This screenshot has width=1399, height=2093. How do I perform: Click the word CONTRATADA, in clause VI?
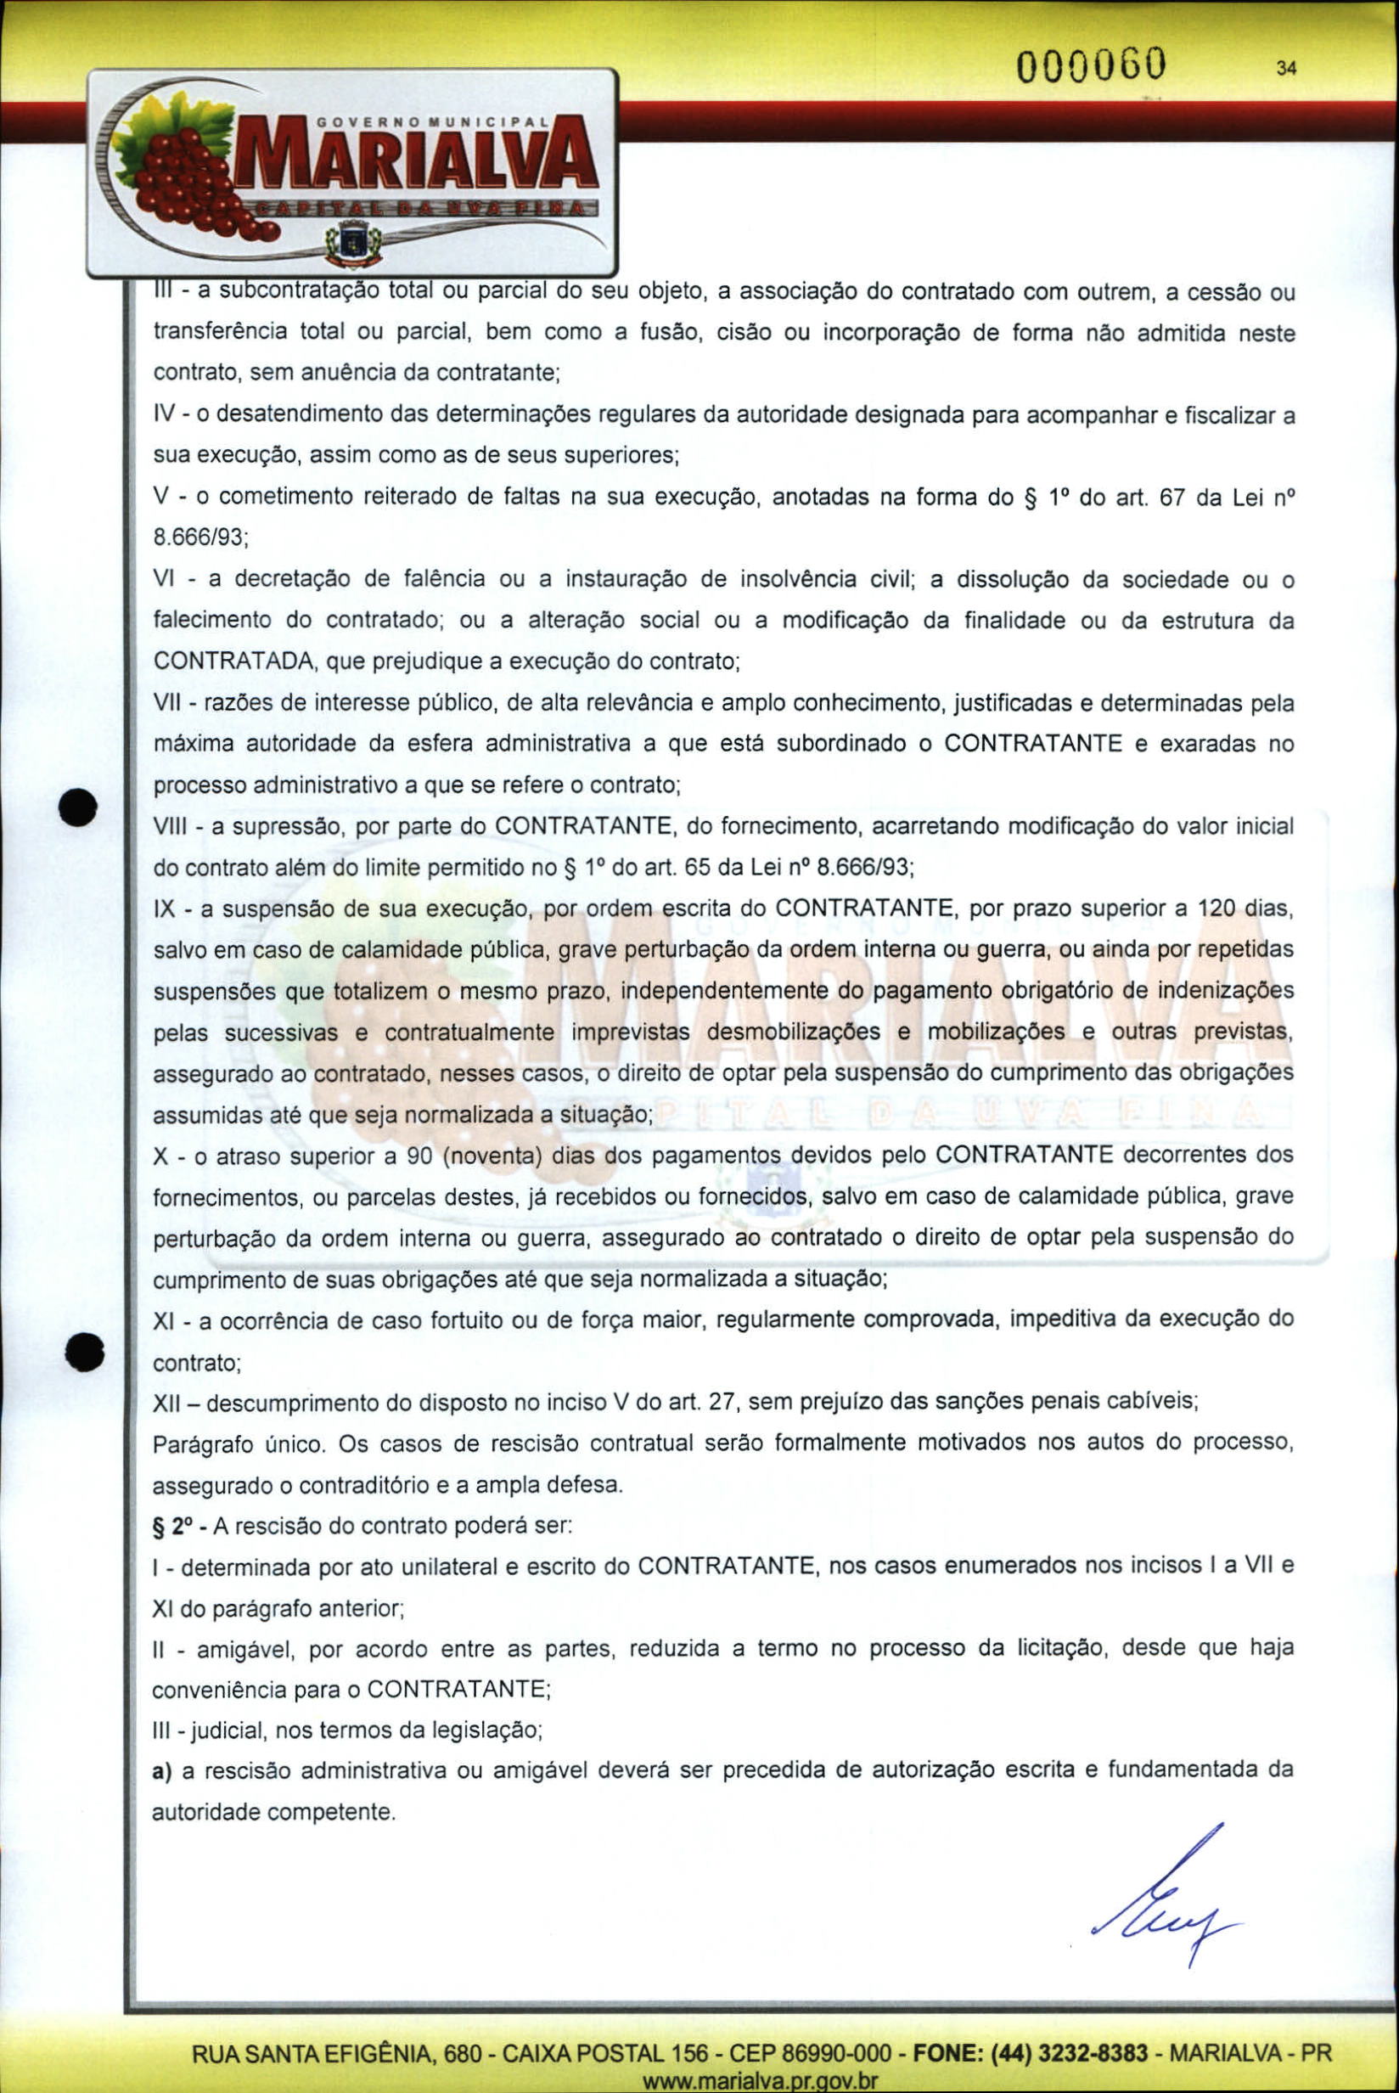(232, 661)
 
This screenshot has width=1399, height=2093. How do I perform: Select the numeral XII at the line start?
(167, 1403)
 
